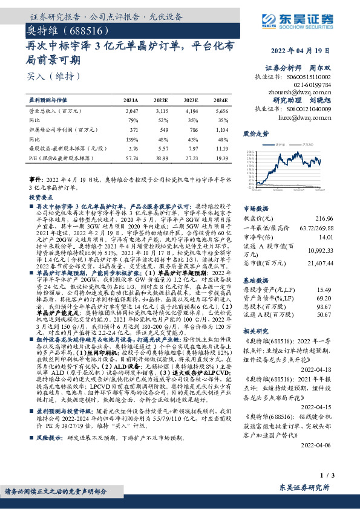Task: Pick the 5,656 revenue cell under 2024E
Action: click(x=221, y=112)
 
